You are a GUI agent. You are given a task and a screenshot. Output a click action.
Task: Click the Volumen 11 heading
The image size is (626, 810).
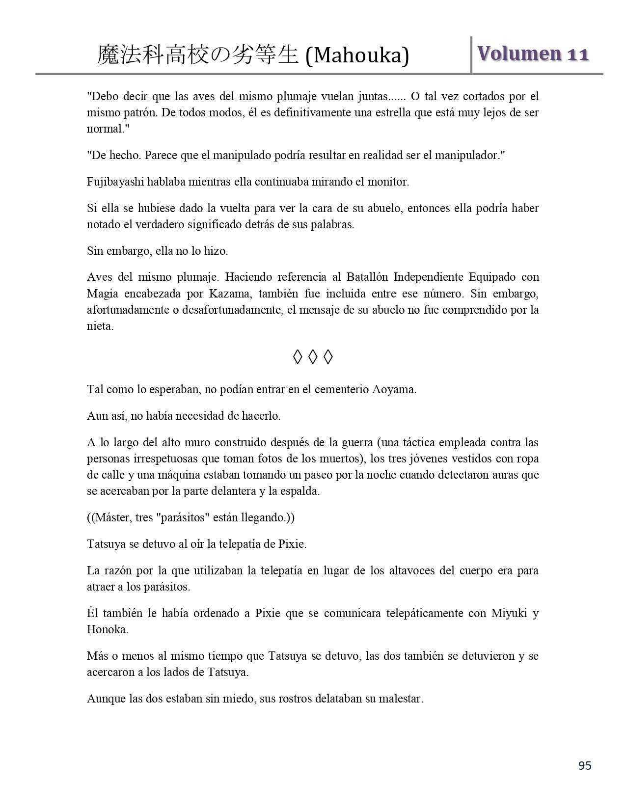tap(533, 54)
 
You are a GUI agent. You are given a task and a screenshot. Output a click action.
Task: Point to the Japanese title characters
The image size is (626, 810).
tap(197, 55)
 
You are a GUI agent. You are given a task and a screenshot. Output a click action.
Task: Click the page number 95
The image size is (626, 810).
tap(585, 766)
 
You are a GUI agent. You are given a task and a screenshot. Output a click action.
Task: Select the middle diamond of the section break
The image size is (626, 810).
tap(313, 357)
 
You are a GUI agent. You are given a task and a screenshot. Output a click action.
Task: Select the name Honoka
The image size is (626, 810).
tap(108, 629)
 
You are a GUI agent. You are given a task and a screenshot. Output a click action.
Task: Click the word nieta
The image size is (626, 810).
tap(100, 326)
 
